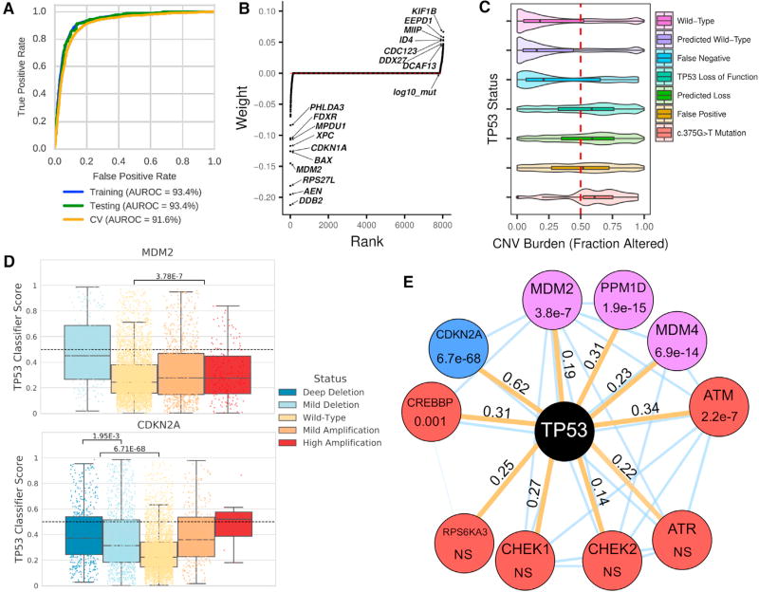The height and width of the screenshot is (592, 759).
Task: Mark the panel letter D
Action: point(10,263)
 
